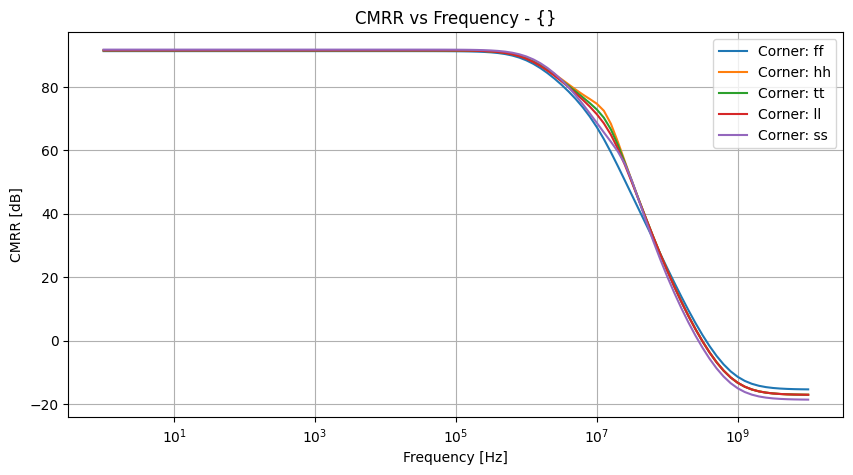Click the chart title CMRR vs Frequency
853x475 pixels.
[x=455, y=17]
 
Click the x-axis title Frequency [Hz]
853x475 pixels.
[x=455, y=457]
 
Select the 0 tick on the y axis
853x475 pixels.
[x=55, y=341]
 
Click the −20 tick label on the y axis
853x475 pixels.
[x=47, y=405]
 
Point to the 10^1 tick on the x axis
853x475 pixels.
[x=174, y=435]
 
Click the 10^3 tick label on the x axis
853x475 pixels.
[x=315, y=435]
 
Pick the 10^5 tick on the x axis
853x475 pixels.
[x=456, y=435]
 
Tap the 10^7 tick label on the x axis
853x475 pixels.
[x=597, y=435]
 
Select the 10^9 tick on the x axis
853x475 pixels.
[x=738, y=435]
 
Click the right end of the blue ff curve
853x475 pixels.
[x=808, y=389]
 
